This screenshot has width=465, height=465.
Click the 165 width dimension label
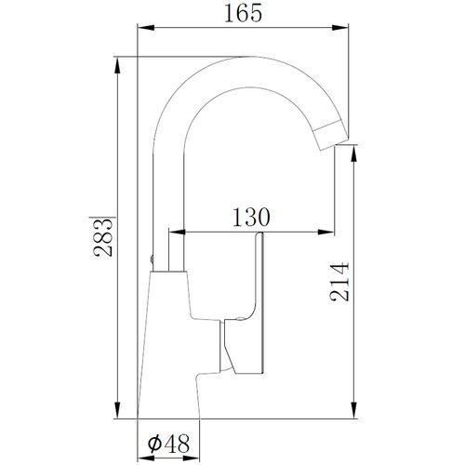pyautogui.click(x=243, y=13)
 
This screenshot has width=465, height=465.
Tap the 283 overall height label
pyautogui.click(x=103, y=237)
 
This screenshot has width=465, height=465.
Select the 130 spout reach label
pyautogui.click(x=251, y=217)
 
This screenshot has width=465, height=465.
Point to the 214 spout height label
pyautogui.click(x=339, y=282)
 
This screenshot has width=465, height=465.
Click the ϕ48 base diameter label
pyautogui.click(x=168, y=444)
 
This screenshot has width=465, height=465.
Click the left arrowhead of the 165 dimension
pyautogui.click(x=146, y=28)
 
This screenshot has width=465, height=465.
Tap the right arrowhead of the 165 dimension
pyautogui.click(x=340, y=28)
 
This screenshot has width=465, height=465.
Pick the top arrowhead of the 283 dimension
pyautogui.click(x=117, y=65)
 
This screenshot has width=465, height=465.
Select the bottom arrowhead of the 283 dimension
pyautogui.click(x=117, y=410)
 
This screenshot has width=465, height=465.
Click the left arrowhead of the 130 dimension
pyautogui.click(x=177, y=232)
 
